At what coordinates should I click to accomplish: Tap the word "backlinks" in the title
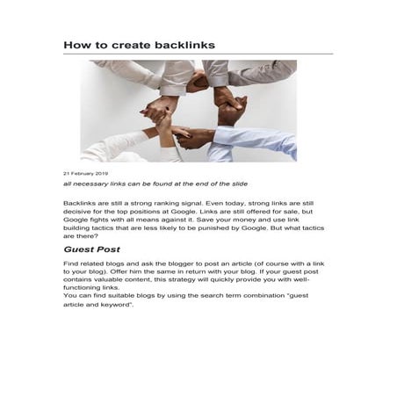[x=184, y=44]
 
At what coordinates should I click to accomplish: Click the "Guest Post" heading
[x=91, y=249]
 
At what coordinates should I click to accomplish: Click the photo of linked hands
[x=188, y=110]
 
